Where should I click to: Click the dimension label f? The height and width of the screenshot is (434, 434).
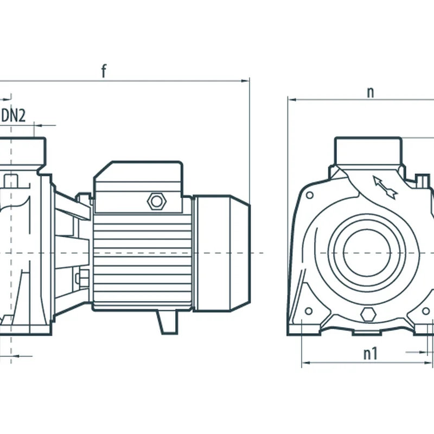click(104, 71)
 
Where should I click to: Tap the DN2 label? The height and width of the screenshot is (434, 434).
click(14, 115)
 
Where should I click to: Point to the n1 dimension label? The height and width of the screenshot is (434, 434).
click(371, 354)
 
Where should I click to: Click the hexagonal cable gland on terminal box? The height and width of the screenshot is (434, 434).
click(156, 201)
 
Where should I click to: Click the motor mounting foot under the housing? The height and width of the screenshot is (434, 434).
click(167, 321)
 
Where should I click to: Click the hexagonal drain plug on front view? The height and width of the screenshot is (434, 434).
click(368, 314)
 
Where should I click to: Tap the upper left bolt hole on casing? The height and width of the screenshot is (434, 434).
click(309, 195)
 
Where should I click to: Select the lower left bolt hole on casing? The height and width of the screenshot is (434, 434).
click(308, 311)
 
